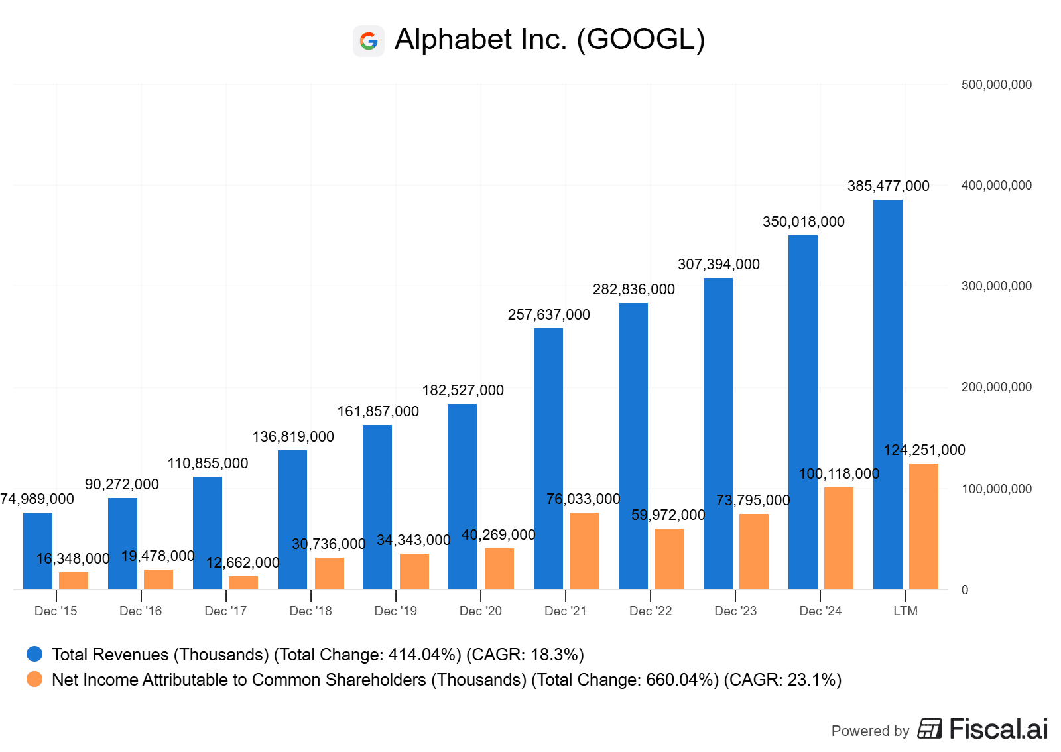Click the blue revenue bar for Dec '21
(x=548, y=458)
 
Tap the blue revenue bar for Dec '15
(x=38, y=550)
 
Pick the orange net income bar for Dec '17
(x=243, y=582)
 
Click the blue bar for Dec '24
(x=802, y=412)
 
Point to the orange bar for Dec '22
(x=668, y=558)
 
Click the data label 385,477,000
(x=888, y=186)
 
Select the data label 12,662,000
(x=243, y=563)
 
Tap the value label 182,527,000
(x=463, y=391)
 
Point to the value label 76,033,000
(x=583, y=499)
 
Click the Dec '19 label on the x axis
(x=396, y=611)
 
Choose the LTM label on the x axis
(x=905, y=611)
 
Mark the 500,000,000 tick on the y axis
(x=996, y=85)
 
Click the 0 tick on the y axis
(x=965, y=590)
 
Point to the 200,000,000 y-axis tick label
(x=996, y=387)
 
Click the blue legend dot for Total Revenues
(x=34, y=655)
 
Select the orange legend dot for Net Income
(x=34, y=680)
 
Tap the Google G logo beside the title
(x=369, y=41)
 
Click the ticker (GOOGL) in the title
(x=641, y=40)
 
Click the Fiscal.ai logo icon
(x=930, y=729)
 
